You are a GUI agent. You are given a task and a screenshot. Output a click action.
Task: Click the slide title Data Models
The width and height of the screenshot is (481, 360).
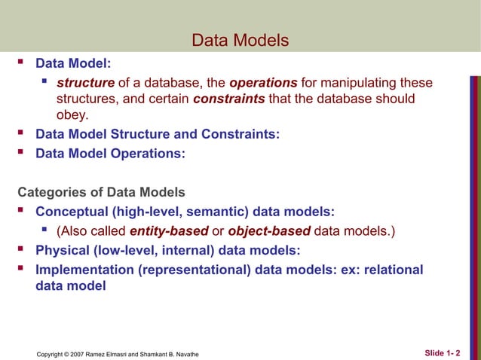(x=240, y=40)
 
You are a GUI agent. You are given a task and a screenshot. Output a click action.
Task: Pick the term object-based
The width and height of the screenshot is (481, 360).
(x=268, y=230)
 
